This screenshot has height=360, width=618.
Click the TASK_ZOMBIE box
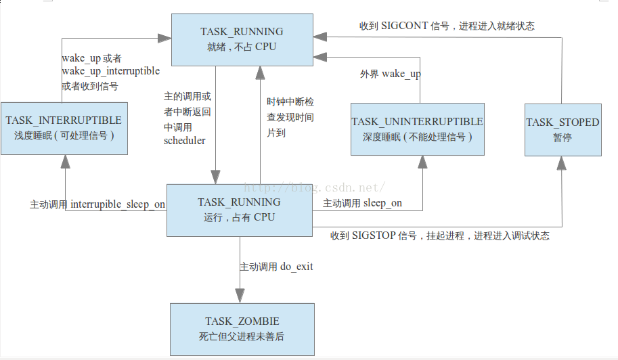click(x=242, y=329)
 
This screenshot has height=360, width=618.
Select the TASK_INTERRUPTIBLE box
click(x=64, y=128)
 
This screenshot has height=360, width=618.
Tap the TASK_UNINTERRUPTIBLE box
click(x=417, y=129)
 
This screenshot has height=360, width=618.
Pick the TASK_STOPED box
click(x=562, y=129)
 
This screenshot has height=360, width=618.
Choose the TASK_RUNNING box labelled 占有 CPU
click(x=239, y=209)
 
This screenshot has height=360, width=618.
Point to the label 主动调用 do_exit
click(x=276, y=267)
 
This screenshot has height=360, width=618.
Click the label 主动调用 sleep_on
click(x=362, y=203)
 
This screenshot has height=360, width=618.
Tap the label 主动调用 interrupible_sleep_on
click(x=97, y=204)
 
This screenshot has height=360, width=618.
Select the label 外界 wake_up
click(x=389, y=74)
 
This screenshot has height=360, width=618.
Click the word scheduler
click(x=184, y=141)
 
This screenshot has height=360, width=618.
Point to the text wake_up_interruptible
click(x=110, y=72)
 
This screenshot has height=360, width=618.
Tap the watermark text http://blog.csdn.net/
click(x=315, y=187)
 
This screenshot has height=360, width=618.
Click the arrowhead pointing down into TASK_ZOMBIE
click(x=240, y=296)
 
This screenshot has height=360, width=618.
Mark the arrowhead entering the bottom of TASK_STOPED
click(x=561, y=161)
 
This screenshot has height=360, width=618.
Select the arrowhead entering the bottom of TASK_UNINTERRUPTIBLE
click(x=422, y=161)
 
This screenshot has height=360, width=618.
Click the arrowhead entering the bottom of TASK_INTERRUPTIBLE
click(x=66, y=161)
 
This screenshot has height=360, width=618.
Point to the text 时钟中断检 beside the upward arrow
click(x=290, y=102)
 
